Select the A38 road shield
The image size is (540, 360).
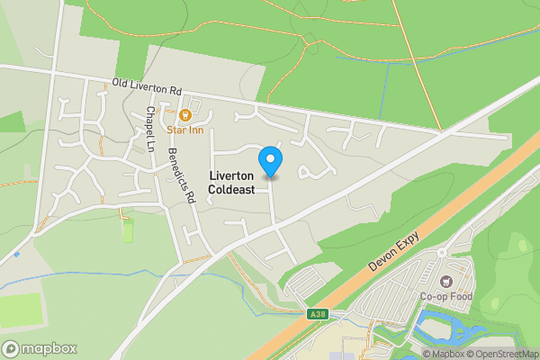click(315, 314)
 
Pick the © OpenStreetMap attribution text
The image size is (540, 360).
click(502, 354)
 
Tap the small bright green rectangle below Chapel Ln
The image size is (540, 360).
click(128, 231)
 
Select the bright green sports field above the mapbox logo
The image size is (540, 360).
click(20, 310)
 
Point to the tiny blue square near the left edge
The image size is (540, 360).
click(17, 255)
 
